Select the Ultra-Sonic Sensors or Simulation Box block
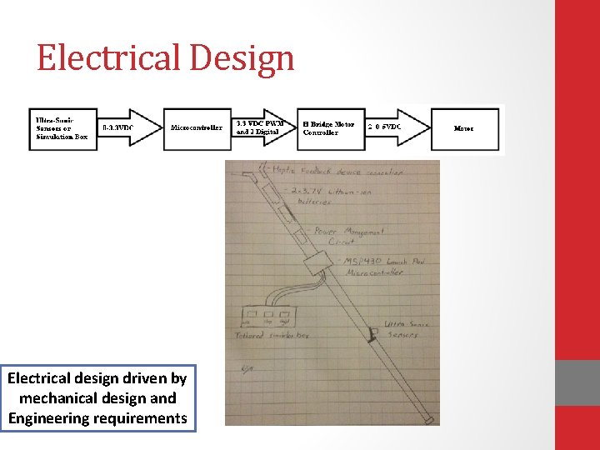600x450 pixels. [x=62, y=127]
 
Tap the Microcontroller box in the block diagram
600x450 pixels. [x=196, y=128]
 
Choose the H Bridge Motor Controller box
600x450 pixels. [x=329, y=127]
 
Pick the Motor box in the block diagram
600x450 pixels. [x=464, y=128]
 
